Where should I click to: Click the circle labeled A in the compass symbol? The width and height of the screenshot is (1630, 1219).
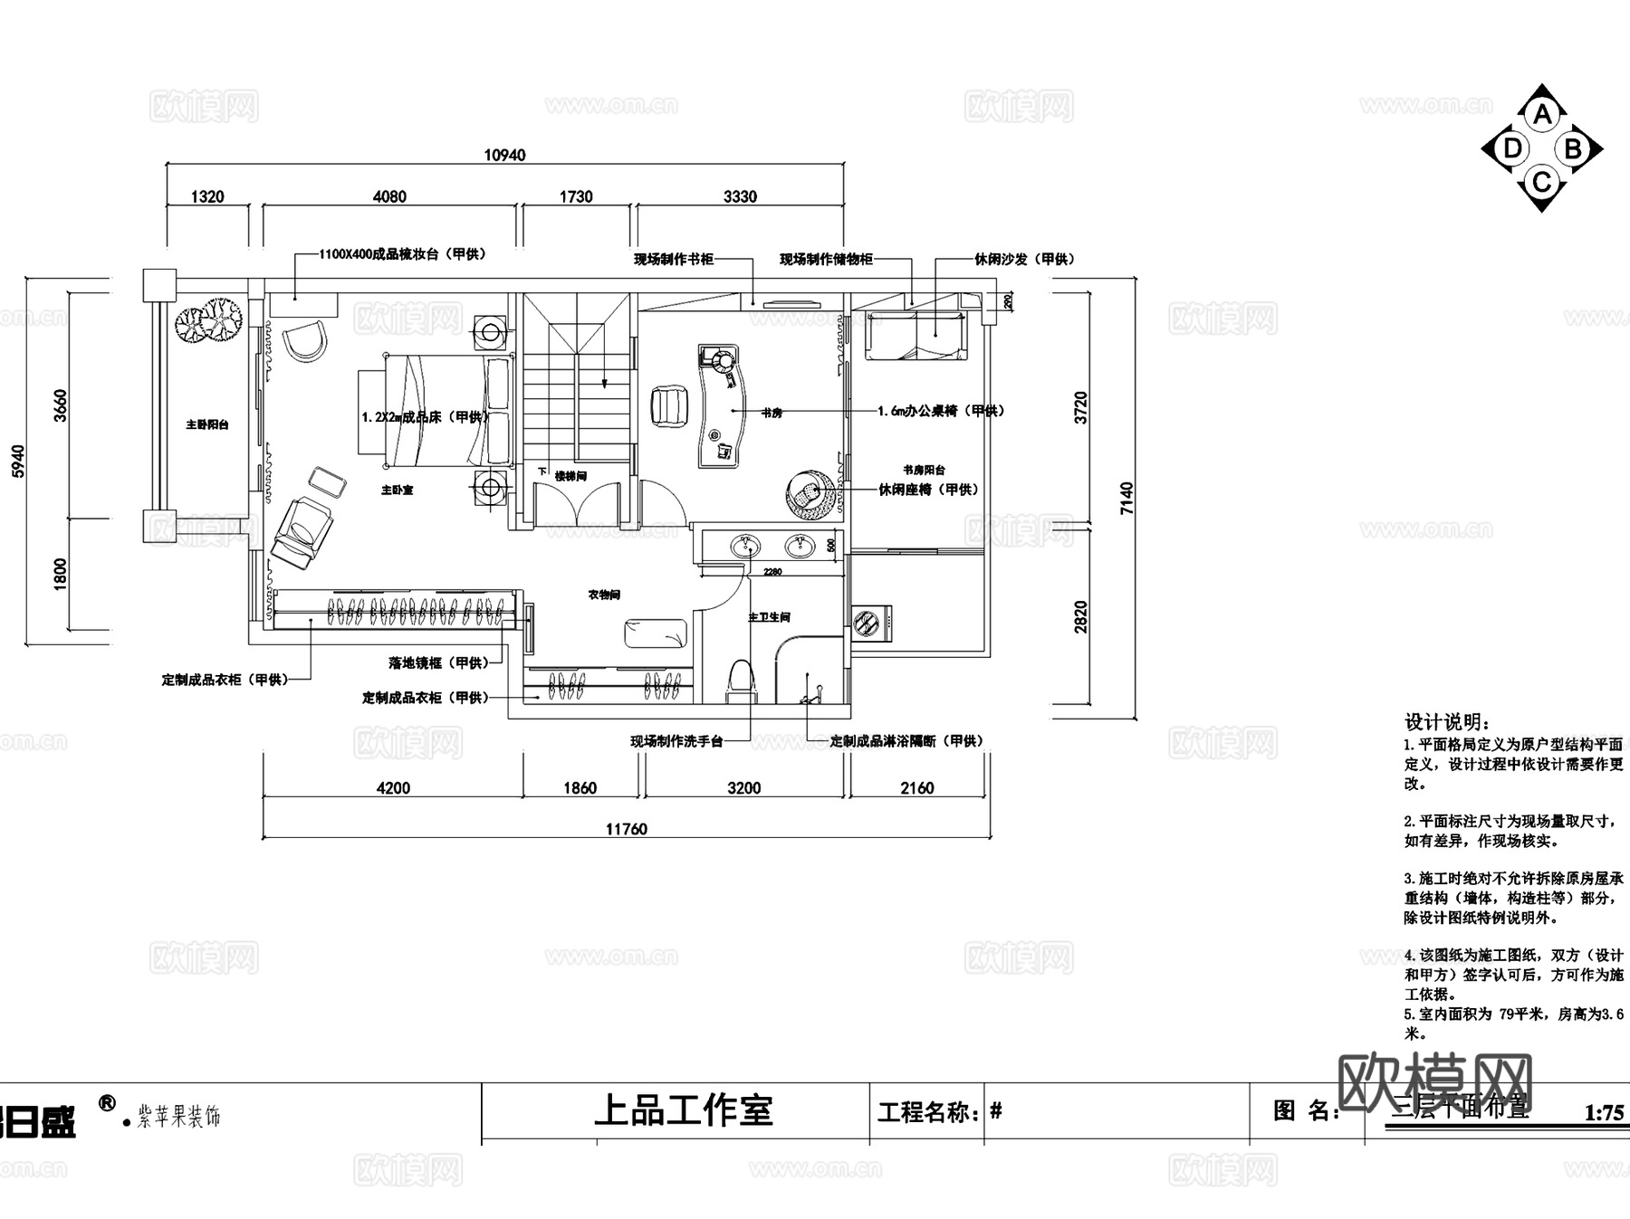point(1542,115)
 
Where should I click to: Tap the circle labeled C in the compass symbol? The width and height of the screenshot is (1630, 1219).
point(1541,183)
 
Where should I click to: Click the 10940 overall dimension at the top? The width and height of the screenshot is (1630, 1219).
point(504,155)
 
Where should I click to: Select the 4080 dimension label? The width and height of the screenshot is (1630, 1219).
point(389,196)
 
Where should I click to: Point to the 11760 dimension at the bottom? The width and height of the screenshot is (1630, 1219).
point(627,828)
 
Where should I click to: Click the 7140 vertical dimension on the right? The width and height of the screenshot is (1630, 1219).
point(1127,498)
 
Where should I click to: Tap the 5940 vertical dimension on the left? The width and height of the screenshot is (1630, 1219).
point(19,461)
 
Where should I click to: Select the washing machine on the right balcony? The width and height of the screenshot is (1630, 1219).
point(872,623)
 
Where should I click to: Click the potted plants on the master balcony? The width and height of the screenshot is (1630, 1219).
point(209,320)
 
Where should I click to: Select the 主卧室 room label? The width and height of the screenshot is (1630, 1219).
point(396,490)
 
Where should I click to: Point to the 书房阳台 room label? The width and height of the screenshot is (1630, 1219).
point(924,470)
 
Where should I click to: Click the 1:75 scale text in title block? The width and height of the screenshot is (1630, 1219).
point(1604,1112)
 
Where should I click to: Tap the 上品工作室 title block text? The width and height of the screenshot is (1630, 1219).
point(683,1110)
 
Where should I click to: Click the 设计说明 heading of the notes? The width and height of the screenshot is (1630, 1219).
point(1446,721)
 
